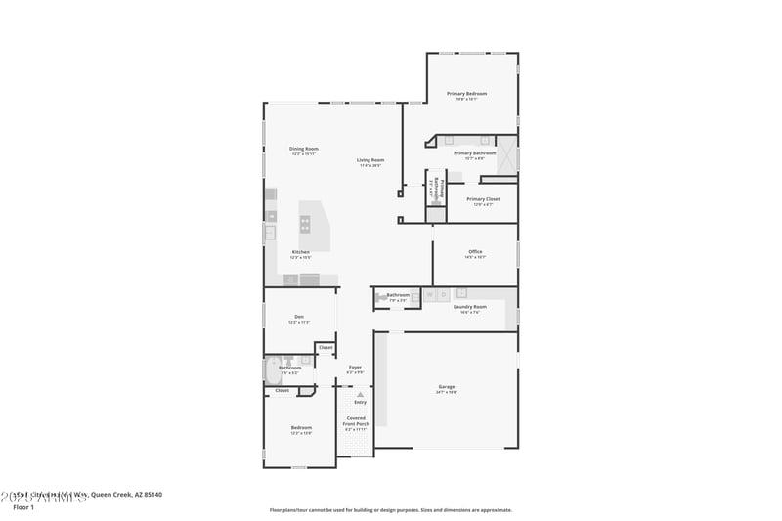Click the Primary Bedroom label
[466, 94]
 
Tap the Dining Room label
[303, 149]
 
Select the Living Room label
[369, 160]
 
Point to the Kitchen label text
[300, 252]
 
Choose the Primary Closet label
[483, 199]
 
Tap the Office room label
[475, 252]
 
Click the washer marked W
[428, 294]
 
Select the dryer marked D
[443, 294]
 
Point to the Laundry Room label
[469, 307]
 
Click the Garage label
[446, 388]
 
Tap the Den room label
[300, 317]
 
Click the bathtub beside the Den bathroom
[272, 369]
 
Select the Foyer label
[356, 368]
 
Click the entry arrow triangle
[360, 394]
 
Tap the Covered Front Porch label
[356, 421]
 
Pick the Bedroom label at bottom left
[301, 427]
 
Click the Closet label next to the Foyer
[326, 347]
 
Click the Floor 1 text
[23, 507]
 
